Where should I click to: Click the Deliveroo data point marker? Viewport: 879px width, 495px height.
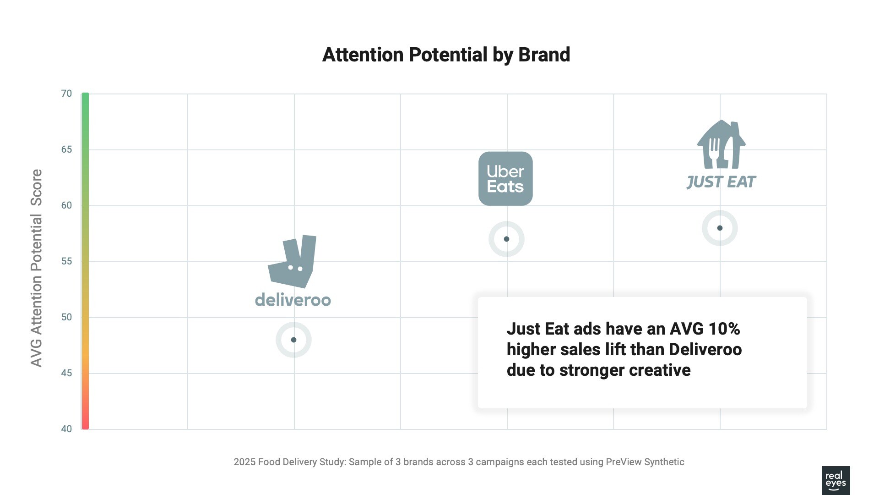[293, 340]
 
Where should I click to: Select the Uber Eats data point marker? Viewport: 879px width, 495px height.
[506, 239]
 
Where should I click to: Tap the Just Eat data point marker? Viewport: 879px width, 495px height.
[720, 228]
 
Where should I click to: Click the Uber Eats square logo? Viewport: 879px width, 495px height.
[505, 179]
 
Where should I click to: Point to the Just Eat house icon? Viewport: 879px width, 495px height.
[721, 145]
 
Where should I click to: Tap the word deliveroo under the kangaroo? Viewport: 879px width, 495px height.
[293, 300]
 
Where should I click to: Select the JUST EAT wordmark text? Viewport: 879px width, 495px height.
[721, 182]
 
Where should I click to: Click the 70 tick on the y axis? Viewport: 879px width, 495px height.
[66, 93]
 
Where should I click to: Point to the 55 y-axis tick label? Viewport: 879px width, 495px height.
[66, 261]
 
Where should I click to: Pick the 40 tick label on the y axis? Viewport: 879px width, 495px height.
[66, 429]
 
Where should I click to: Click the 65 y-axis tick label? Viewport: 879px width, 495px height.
[66, 149]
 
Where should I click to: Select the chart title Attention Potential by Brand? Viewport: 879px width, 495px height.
[446, 55]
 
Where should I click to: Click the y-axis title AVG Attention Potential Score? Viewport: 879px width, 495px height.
[37, 268]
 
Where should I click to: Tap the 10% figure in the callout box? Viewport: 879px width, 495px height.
[724, 329]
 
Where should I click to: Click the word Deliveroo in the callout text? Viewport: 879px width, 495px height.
[705, 349]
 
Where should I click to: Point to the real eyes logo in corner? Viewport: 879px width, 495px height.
[836, 480]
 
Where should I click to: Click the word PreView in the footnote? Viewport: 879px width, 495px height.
[624, 462]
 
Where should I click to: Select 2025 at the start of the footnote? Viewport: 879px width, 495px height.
[244, 462]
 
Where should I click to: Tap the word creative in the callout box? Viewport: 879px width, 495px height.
[659, 370]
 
